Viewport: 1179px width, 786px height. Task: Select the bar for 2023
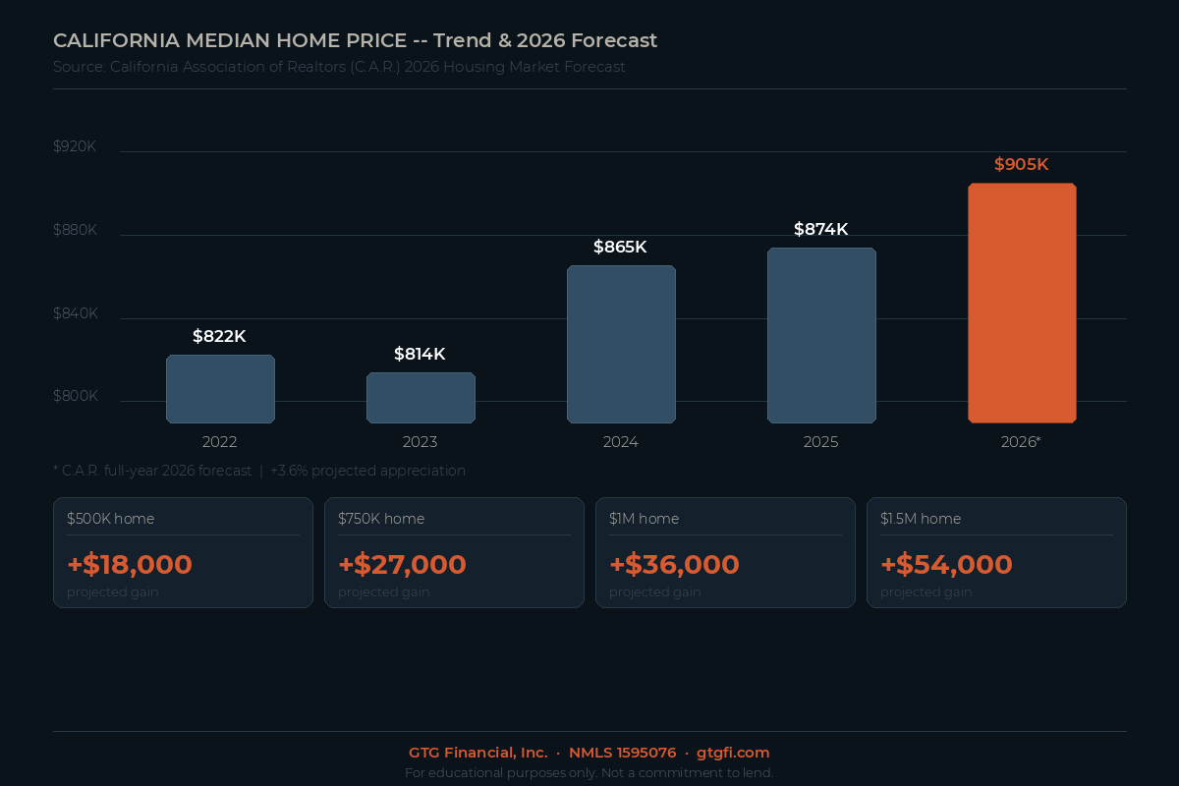point(421,398)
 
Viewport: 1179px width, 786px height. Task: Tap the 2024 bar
point(621,344)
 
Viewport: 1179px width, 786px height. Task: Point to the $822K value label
point(219,336)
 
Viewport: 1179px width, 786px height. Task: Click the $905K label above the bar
point(1022,164)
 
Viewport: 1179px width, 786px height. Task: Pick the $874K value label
point(821,229)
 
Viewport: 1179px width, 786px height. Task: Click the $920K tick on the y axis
point(75,146)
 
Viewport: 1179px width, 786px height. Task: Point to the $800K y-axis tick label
point(75,396)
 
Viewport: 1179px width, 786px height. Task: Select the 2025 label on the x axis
point(821,442)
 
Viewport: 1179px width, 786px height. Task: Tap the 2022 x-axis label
point(219,442)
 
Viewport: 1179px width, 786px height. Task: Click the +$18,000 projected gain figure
point(130,565)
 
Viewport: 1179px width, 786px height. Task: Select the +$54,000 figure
point(946,565)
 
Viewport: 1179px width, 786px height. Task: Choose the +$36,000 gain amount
point(674,565)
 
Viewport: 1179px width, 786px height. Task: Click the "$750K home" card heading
point(381,519)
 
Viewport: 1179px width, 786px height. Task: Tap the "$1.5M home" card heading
point(921,519)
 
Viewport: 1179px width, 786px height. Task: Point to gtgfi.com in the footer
point(733,753)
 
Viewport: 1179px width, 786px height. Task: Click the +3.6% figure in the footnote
point(289,471)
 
